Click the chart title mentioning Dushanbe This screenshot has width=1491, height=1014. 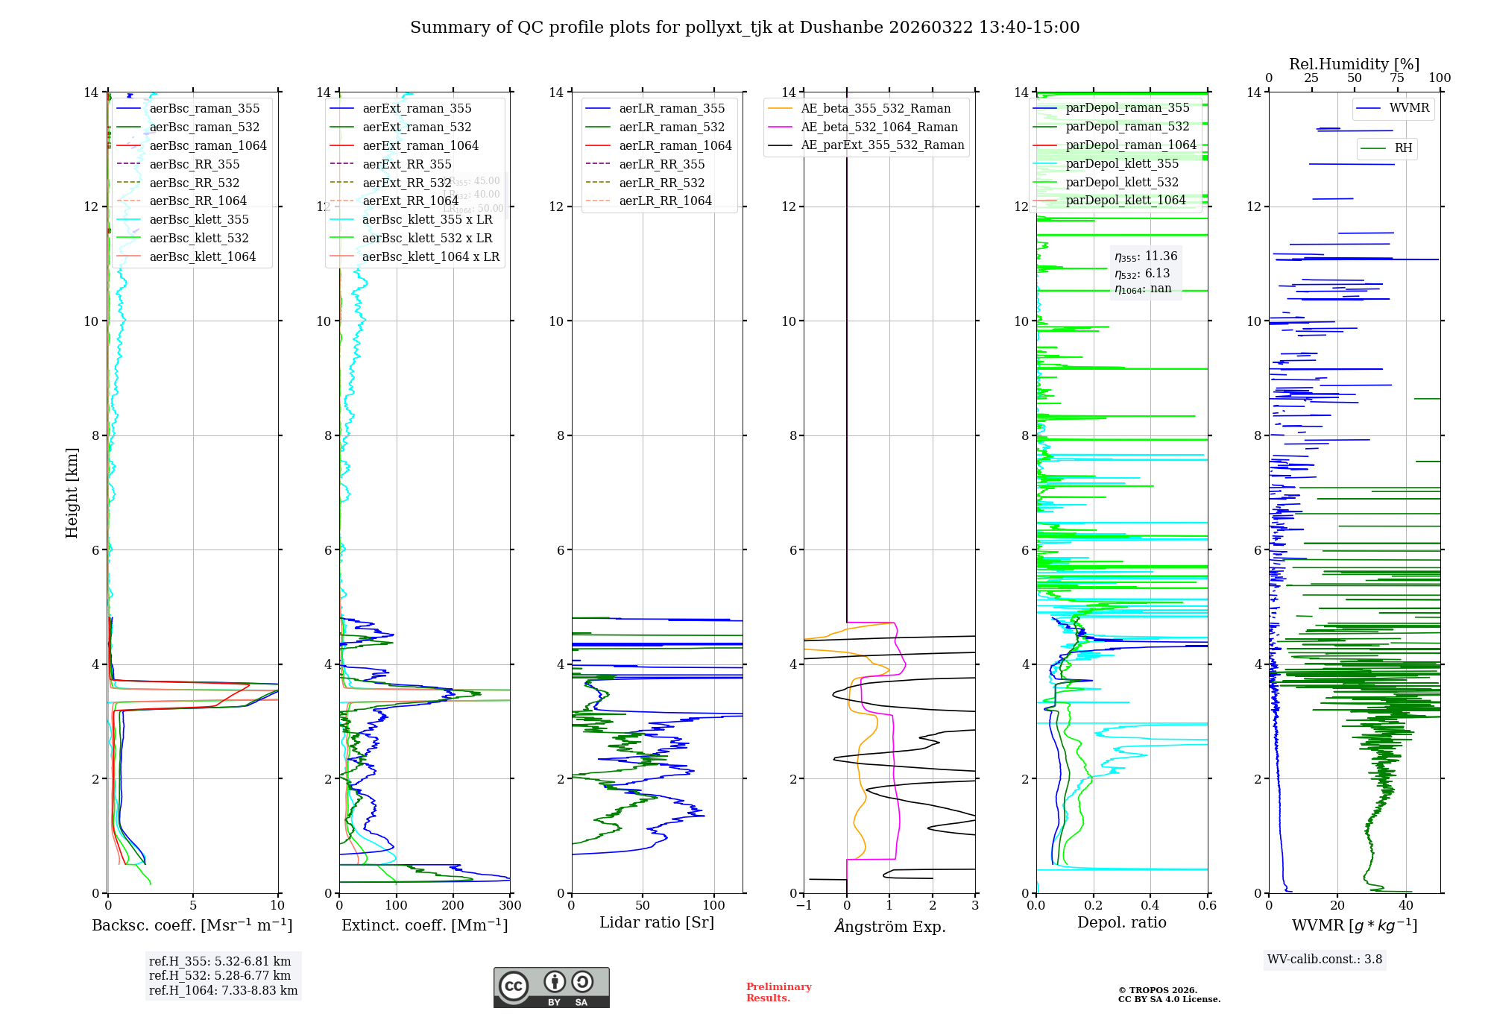point(745,28)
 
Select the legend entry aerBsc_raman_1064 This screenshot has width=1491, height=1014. point(207,145)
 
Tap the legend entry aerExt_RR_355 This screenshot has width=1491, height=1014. point(406,164)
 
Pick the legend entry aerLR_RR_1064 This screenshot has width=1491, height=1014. point(665,201)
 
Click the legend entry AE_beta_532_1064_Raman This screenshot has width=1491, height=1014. point(879,127)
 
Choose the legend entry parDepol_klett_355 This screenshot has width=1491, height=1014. point(1121,163)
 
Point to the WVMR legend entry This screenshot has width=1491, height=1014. point(1408,108)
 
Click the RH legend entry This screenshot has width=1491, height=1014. point(1403,148)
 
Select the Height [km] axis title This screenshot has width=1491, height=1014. point(72,493)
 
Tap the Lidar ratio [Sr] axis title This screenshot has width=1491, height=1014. point(657,922)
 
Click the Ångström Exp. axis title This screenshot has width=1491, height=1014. point(889,926)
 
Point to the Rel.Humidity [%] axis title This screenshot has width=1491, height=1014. point(1354,64)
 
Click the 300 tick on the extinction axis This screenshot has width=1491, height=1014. point(510,906)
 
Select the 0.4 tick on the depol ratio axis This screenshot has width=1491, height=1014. point(1150,906)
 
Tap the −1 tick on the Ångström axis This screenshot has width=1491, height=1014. point(804,906)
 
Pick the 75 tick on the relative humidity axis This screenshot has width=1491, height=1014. point(1397,78)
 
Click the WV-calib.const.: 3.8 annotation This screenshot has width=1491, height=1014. point(1324,960)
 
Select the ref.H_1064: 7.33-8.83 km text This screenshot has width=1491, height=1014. point(223,990)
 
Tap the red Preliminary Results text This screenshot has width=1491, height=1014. point(778,992)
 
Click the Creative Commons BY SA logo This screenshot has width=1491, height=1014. point(551,987)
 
